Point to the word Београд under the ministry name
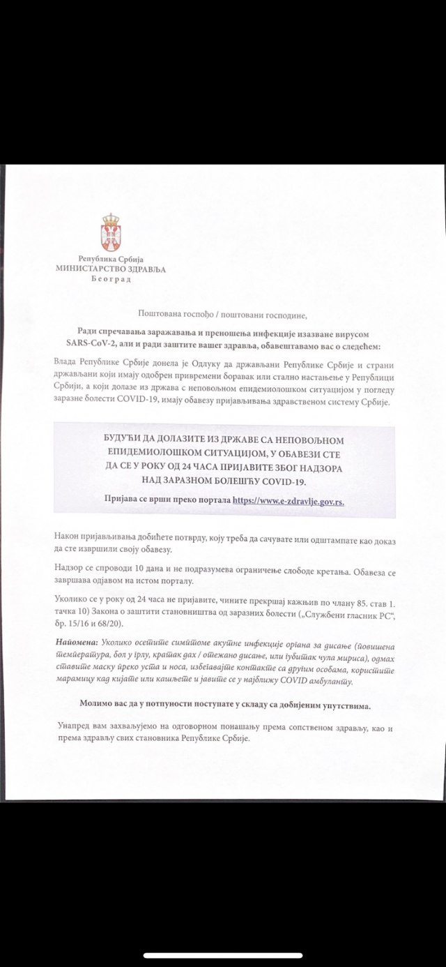click(111, 278)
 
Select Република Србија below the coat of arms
click(111, 259)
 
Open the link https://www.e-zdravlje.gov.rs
click(289, 500)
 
